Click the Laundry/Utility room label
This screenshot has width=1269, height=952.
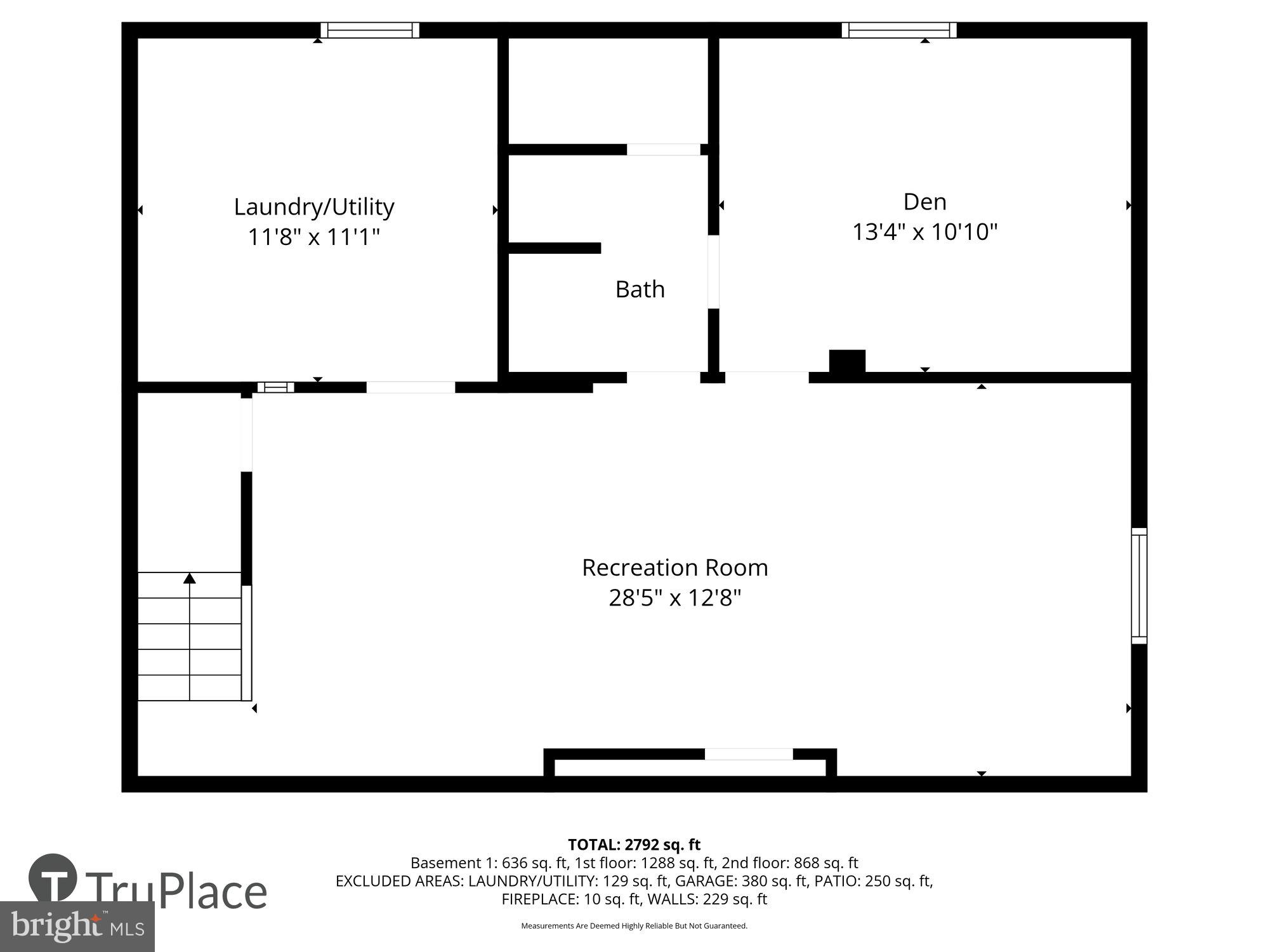(314, 207)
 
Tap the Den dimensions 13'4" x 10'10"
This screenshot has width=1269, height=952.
(924, 232)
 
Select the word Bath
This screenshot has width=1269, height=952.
(640, 289)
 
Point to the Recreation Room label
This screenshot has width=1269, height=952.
(674, 567)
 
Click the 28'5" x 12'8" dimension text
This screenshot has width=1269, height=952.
(674, 598)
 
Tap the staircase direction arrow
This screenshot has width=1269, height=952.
(190, 578)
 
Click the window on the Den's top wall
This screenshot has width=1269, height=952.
(899, 30)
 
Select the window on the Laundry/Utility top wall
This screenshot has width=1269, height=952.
(370, 30)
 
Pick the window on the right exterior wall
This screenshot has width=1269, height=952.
(1139, 586)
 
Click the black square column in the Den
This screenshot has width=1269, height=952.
(847, 361)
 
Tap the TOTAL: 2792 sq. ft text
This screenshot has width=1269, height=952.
(634, 845)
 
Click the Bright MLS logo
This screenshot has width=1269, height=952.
(77, 927)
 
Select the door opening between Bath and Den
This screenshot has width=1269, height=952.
(713, 272)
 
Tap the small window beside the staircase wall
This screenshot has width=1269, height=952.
(275, 387)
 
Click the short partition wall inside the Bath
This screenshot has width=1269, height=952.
(555, 248)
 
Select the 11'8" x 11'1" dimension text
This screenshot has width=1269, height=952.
(314, 237)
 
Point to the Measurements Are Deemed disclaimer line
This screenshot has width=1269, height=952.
(634, 926)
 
